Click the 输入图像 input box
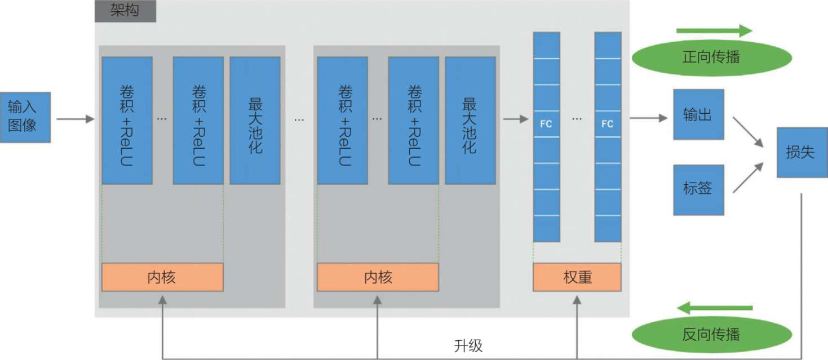point(25,117)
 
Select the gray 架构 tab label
point(125,11)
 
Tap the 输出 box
point(698,114)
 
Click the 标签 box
point(698,190)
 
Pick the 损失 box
point(802,152)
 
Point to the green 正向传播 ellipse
point(711,57)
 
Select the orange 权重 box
point(577,277)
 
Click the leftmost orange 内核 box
point(162,277)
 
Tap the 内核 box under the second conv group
point(378,277)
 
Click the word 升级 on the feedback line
point(468,345)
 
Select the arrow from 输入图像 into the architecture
point(76,119)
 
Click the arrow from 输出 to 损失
point(748,132)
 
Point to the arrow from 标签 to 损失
point(748,178)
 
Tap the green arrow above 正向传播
point(714,30)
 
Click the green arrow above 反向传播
point(715,308)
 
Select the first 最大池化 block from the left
point(255,121)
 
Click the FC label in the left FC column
point(546,124)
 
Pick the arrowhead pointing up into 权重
point(577,300)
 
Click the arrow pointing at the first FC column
point(516,119)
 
